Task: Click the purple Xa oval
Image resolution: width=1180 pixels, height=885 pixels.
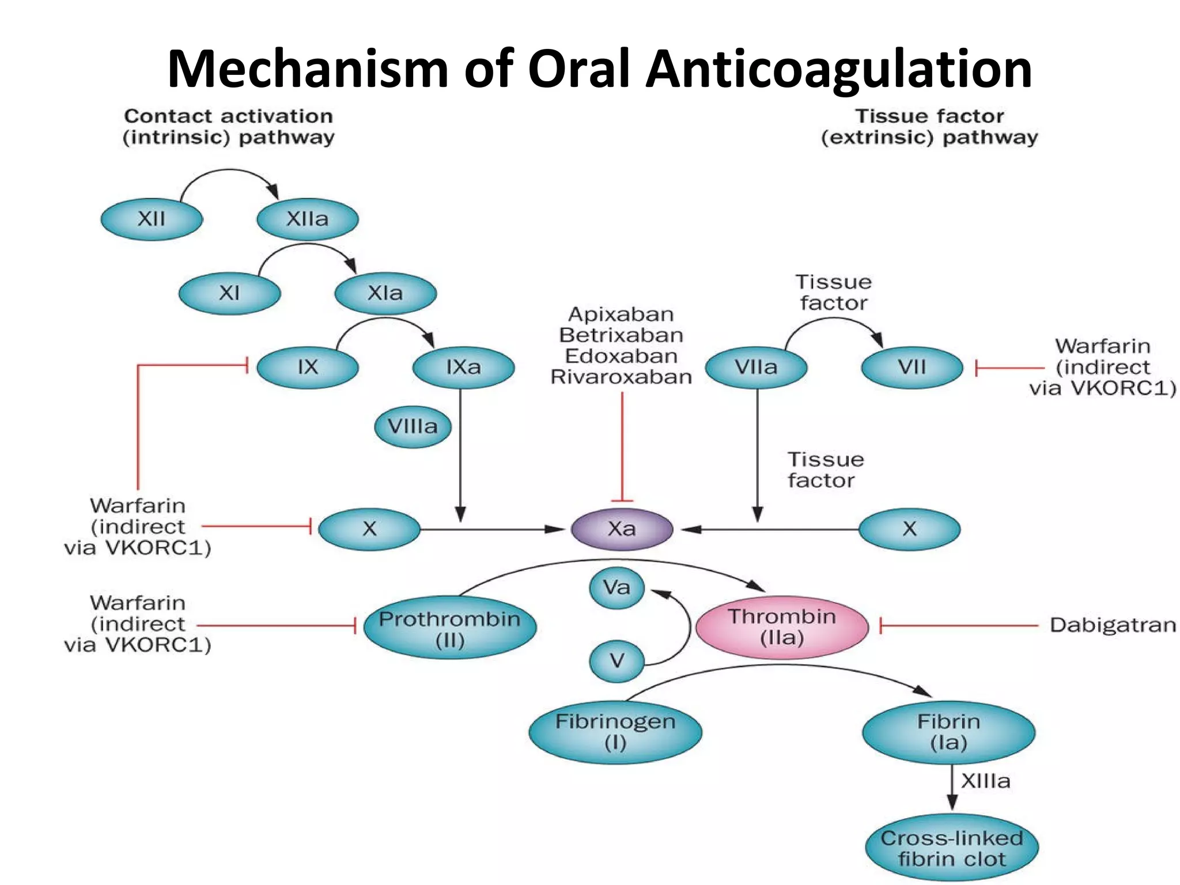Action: tap(622, 528)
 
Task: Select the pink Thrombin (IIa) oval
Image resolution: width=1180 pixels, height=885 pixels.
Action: tap(782, 627)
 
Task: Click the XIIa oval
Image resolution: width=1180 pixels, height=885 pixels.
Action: tap(307, 219)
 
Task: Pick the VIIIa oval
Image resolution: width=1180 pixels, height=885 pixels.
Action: tap(413, 427)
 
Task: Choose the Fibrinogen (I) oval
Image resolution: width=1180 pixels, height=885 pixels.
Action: tap(615, 732)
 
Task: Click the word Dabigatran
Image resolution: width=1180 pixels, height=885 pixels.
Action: tap(1112, 625)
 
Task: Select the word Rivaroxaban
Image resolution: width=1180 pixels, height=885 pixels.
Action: tap(621, 377)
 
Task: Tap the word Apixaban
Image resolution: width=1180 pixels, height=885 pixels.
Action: tap(621, 315)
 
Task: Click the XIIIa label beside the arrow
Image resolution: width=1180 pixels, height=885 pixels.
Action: tap(985, 781)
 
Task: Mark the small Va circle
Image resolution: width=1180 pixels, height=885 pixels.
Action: tap(617, 588)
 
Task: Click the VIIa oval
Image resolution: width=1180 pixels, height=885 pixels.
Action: tap(756, 367)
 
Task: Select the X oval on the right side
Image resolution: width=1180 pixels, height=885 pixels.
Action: tap(909, 528)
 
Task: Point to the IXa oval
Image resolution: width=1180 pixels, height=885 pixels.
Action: tap(463, 367)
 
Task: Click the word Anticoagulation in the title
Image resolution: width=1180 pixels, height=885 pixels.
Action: tap(838, 69)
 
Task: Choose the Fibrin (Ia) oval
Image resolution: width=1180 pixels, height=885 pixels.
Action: tap(948, 732)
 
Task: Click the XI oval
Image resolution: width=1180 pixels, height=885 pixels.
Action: tap(229, 293)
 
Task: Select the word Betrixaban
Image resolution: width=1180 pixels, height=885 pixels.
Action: tap(621, 335)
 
